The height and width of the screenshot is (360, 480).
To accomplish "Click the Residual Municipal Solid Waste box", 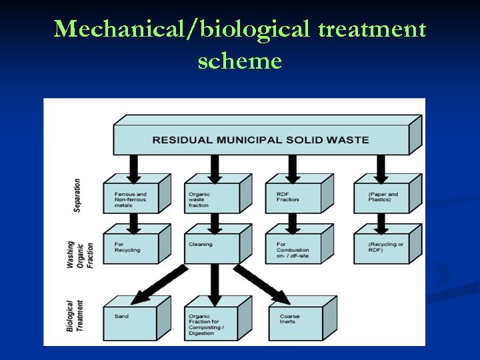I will point(260,140).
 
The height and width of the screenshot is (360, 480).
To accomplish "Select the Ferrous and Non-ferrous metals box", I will point(131,199).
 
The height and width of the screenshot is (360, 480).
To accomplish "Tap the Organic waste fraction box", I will point(212,199).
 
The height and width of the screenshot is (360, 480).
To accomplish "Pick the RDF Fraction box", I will point(293,199).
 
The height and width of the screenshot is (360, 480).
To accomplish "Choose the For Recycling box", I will point(131,248).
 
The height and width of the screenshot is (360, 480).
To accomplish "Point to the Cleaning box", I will point(212,248).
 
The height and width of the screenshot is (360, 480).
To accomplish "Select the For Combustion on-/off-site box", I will point(293,248).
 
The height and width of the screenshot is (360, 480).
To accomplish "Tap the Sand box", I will point(129,323).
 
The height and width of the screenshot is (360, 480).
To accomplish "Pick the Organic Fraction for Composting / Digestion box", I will point(212,323).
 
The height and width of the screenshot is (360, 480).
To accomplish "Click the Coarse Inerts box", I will point(295,323).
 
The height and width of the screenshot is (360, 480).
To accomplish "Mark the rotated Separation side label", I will point(77,195).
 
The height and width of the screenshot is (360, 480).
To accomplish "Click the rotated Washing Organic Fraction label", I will point(79,245).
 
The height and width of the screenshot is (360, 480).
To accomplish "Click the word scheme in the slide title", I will point(239,61).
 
